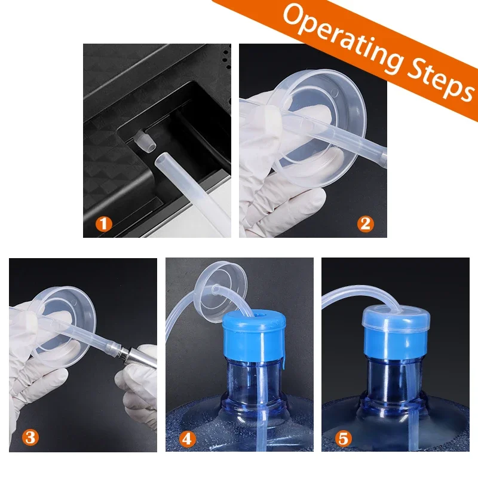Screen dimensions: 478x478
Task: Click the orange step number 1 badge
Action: [104, 224]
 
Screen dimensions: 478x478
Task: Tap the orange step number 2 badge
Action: [365, 224]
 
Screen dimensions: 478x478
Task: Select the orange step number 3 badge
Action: [30, 438]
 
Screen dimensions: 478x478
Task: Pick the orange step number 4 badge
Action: [187, 439]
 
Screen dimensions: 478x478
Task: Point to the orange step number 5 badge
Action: [343, 439]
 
